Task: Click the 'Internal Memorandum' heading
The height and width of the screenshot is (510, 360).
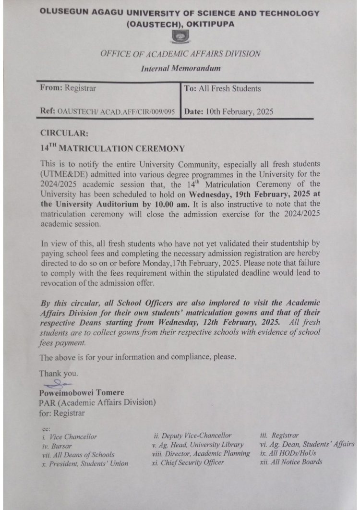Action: [x=180, y=69]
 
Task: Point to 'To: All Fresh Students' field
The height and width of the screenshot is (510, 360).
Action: [x=222, y=88]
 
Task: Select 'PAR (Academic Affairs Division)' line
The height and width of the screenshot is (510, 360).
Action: [x=97, y=402]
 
